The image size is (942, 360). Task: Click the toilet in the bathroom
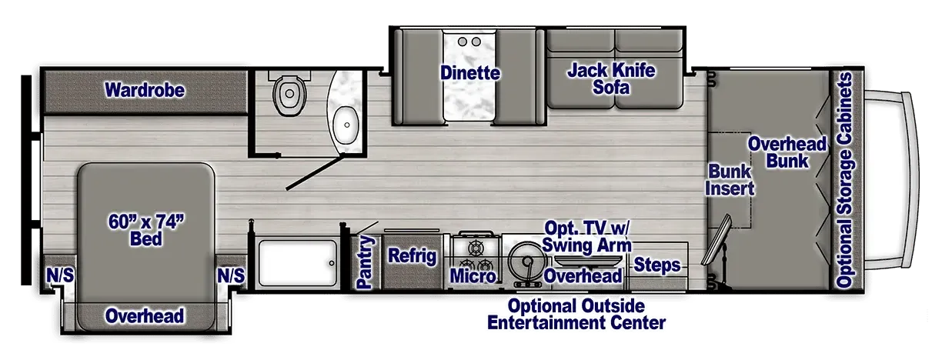tap(289, 92)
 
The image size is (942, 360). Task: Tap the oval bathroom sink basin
tap(346, 125)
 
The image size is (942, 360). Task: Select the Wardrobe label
tap(145, 90)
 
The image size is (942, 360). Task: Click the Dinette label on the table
tap(470, 73)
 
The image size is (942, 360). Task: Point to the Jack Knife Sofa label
tap(611, 79)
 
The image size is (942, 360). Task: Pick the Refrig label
tap(413, 255)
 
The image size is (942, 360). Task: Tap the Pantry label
tap(364, 262)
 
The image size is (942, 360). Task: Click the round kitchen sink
tap(526, 262)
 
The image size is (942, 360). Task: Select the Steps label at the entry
tap(657, 265)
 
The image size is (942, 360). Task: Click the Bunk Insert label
tap(730, 180)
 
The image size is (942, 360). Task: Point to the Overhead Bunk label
tap(787, 152)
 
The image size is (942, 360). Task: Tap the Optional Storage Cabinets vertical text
tap(844, 180)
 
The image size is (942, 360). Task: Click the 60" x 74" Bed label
tap(146, 230)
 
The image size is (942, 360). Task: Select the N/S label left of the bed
tap(60, 275)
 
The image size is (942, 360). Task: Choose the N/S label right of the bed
tap(231, 275)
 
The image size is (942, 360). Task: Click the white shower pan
tap(298, 263)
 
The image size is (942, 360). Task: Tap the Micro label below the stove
tap(473, 276)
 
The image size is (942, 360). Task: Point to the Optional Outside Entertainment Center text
tap(576, 315)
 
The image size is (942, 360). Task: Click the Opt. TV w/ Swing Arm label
tap(586, 236)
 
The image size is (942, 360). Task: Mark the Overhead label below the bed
tap(145, 316)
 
